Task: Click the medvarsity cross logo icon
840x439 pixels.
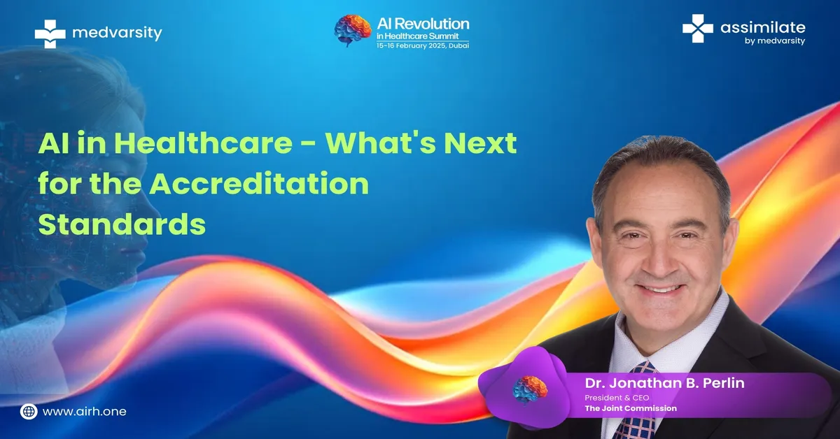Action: pyautogui.click(x=50, y=34)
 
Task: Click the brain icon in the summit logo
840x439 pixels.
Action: pyautogui.click(x=353, y=31)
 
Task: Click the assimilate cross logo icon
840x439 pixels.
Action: pyautogui.click(x=697, y=28)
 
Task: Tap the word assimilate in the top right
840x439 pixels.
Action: pyautogui.click(x=763, y=27)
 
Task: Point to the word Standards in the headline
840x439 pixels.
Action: pyautogui.click(x=122, y=224)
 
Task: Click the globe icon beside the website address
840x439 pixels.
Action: pyautogui.click(x=29, y=411)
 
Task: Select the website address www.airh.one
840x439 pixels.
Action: pyautogui.click(x=85, y=411)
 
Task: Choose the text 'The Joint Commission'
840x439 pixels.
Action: pyautogui.click(x=631, y=408)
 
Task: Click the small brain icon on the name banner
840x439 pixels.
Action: pyautogui.click(x=530, y=389)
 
